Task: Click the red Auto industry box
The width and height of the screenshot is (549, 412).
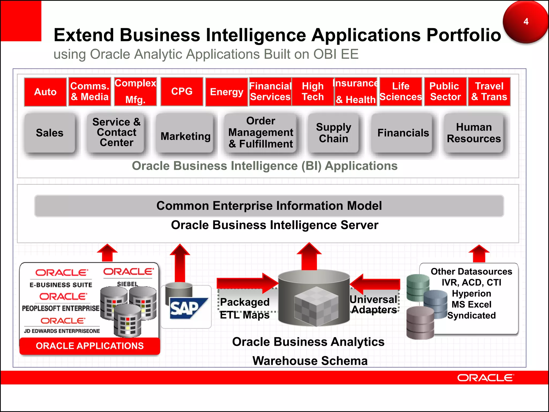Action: pyautogui.click(x=45, y=92)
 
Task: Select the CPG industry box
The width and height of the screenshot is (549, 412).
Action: pyautogui.click(x=182, y=91)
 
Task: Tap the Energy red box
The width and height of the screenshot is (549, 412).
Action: pyautogui.click(x=227, y=92)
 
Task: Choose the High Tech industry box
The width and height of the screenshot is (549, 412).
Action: pyautogui.click(x=313, y=91)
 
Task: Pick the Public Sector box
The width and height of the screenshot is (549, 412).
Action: pyautogui.click(x=445, y=91)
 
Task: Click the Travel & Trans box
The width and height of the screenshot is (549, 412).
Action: pyautogui.click(x=489, y=91)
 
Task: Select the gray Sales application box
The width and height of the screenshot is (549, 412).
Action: pyautogui.click(x=50, y=133)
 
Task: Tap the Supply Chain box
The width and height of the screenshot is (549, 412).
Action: pyautogui.click(x=333, y=133)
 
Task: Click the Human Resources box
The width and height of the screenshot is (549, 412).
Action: pyautogui.click(x=474, y=133)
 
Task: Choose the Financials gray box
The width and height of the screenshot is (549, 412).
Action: pyautogui.click(x=403, y=133)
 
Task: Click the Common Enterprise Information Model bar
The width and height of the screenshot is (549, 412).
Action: pyautogui.click(x=269, y=206)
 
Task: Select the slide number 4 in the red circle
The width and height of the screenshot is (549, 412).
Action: pyautogui.click(x=526, y=21)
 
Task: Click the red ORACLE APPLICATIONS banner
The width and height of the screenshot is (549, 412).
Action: pyautogui.click(x=90, y=346)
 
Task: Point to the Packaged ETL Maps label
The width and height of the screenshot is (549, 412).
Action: pyautogui.click(x=245, y=308)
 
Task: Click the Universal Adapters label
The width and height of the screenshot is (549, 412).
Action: pyautogui.click(x=374, y=304)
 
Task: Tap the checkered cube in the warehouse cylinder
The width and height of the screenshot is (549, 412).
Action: pyautogui.click(x=316, y=306)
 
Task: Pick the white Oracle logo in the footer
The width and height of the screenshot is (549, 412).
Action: pyautogui.click(x=485, y=378)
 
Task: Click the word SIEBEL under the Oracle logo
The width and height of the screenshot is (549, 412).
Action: pyautogui.click(x=128, y=284)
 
